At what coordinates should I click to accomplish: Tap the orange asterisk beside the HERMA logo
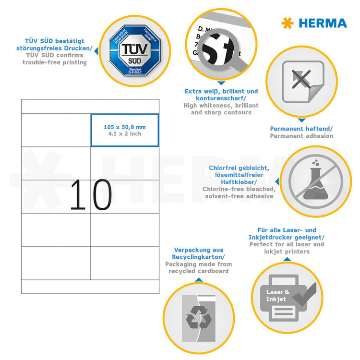click(x=288, y=23)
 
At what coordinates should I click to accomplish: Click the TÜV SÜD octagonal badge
click(x=130, y=50)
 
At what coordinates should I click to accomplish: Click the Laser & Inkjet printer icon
click(x=287, y=297)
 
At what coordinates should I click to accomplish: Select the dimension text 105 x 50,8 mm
click(x=125, y=127)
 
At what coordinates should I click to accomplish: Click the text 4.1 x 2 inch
click(x=125, y=134)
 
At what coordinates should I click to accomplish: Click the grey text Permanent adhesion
click(x=301, y=136)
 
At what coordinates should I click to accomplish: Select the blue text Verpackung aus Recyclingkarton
click(x=198, y=253)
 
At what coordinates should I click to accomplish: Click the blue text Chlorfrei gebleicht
click(x=239, y=168)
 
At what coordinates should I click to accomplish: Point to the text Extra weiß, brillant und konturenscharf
click(x=221, y=95)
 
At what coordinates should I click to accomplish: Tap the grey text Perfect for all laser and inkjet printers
click(x=287, y=248)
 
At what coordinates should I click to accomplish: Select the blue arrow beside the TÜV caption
click(x=95, y=50)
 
